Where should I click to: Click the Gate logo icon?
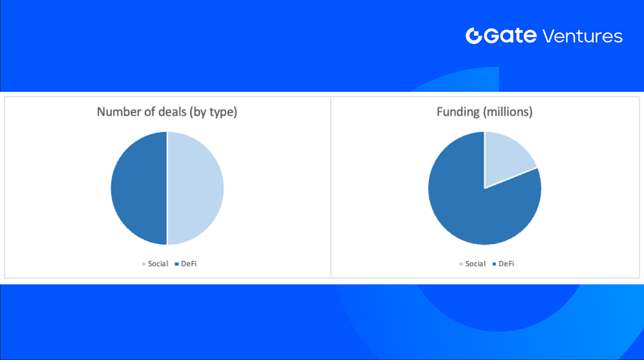click(474, 36)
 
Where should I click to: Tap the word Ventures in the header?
click(582, 36)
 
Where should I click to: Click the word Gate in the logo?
click(510, 36)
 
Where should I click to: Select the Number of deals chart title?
click(167, 112)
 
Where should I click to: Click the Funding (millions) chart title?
click(485, 112)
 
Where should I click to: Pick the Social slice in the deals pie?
click(196, 188)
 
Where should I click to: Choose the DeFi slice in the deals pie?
click(139, 188)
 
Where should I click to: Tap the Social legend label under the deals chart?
click(158, 264)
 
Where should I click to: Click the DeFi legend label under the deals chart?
click(189, 264)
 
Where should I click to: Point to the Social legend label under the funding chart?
click(475, 264)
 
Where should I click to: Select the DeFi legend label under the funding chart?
click(506, 264)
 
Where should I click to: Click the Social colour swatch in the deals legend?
click(144, 264)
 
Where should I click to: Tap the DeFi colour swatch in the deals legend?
click(177, 264)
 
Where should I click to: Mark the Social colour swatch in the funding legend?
click(461, 264)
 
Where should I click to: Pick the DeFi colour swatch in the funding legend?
click(494, 264)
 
